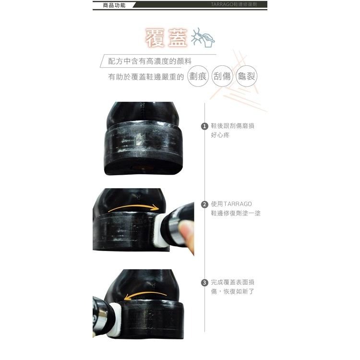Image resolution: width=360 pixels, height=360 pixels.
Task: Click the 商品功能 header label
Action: coord(114,5)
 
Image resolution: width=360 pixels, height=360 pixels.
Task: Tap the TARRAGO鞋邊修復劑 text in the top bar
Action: coord(238,5)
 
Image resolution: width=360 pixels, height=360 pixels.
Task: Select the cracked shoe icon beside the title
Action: coord(203,38)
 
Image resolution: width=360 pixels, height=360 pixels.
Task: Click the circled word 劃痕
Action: coord(198,76)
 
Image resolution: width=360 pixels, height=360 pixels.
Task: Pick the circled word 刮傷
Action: coord(222,76)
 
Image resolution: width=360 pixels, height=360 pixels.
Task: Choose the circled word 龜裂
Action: coord(246,76)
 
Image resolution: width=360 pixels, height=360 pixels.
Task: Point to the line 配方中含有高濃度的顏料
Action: coord(150,61)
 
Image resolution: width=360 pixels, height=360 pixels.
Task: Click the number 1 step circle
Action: coord(204,126)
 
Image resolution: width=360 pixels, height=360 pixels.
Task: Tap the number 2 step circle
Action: coord(204,204)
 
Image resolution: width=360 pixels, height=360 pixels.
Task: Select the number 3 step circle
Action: coord(204,283)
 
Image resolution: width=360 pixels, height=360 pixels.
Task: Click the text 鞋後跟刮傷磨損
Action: coord(232,126)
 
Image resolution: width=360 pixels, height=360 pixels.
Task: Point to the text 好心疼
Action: coord(220,135)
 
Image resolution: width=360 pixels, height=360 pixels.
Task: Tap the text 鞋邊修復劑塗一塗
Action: coord(236,214)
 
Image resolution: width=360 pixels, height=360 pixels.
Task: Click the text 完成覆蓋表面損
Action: coord(232,282)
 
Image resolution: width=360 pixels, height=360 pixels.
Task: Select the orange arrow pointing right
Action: coord(133,207)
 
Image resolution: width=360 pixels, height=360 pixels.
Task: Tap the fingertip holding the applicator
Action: coord(189,242)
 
